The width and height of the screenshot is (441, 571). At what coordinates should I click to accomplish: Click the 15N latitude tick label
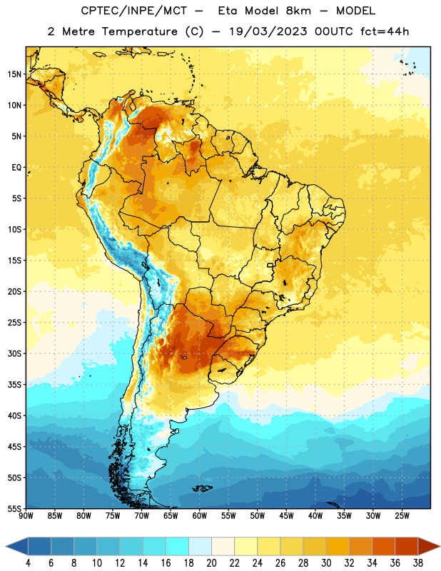point(14,74)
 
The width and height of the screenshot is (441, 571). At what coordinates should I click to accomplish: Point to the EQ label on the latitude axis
point(16,168)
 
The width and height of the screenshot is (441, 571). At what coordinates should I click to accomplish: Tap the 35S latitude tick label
point(14,385)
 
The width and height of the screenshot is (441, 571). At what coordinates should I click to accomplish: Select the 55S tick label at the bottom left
point(14,509)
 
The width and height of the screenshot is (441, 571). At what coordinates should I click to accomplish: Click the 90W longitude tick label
point(26,516)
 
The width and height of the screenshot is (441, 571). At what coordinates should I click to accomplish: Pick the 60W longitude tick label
point(200,516)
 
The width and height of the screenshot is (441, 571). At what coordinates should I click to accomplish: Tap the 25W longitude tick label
point(402,516)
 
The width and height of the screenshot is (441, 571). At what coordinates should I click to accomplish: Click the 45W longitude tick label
point(286,516)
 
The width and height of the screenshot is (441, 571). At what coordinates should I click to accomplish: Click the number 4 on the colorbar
point(28,563)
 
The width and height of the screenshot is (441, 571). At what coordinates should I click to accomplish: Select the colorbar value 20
point(211,563)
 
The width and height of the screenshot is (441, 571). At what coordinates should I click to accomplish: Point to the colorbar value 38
point(417,563)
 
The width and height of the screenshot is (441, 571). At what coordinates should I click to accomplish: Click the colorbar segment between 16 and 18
point(178,546)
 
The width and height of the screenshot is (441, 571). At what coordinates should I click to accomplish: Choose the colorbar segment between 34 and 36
point(383,546)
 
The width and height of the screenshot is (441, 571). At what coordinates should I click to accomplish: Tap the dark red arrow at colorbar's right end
point(428,546)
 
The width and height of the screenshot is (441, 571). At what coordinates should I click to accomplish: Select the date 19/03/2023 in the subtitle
point(268,31)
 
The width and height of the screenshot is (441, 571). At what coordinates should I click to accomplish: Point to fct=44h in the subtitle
point(385,31)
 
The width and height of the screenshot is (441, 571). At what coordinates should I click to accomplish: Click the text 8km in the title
point(298,11)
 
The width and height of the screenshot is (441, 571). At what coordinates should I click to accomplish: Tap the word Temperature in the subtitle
point(139,31)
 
